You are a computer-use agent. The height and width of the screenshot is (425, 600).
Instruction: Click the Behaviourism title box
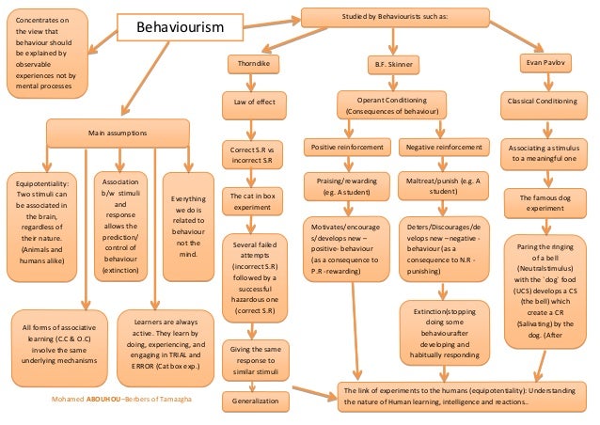181,27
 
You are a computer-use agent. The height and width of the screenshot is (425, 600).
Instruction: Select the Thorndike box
253,63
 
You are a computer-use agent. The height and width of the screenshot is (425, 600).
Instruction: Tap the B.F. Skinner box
391,64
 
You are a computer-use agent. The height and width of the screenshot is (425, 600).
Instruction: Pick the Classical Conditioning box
548,101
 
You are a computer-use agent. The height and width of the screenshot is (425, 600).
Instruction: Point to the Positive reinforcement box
348,148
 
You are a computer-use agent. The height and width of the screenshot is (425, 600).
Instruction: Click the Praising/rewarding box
348,184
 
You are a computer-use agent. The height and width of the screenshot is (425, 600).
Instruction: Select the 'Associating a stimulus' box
548,153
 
